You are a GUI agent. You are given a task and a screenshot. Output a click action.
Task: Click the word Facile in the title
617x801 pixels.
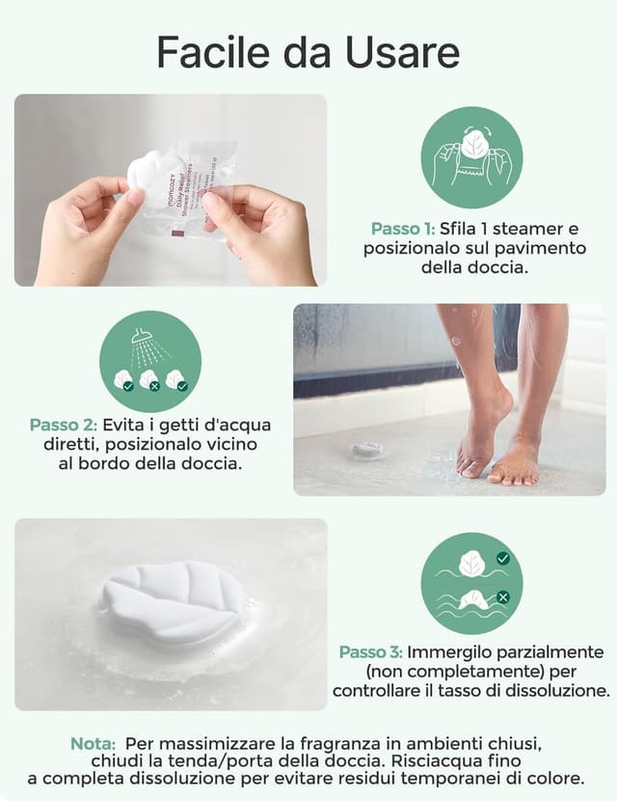click(212, 52)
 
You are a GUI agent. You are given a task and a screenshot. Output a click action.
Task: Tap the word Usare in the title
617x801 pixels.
click(408, 52)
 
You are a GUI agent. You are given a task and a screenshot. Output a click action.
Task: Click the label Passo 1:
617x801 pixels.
click(402, 230)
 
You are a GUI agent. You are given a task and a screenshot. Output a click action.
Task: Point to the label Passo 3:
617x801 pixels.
click(370, 652)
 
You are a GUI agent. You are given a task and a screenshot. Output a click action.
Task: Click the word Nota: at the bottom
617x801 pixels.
click(94, 744)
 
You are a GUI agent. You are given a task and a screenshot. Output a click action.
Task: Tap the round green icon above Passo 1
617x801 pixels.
click(471, 157)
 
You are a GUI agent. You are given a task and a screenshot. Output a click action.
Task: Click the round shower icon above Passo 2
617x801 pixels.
click(150, 361)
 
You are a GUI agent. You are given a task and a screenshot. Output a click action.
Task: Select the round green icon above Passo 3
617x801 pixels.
click(471, 582)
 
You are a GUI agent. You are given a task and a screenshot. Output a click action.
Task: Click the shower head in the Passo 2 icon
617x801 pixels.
click(141, 338)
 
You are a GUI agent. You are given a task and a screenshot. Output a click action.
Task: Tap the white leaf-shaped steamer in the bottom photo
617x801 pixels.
click(174, 602)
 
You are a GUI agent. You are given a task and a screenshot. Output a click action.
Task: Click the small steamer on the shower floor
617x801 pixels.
click(367, 449)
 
